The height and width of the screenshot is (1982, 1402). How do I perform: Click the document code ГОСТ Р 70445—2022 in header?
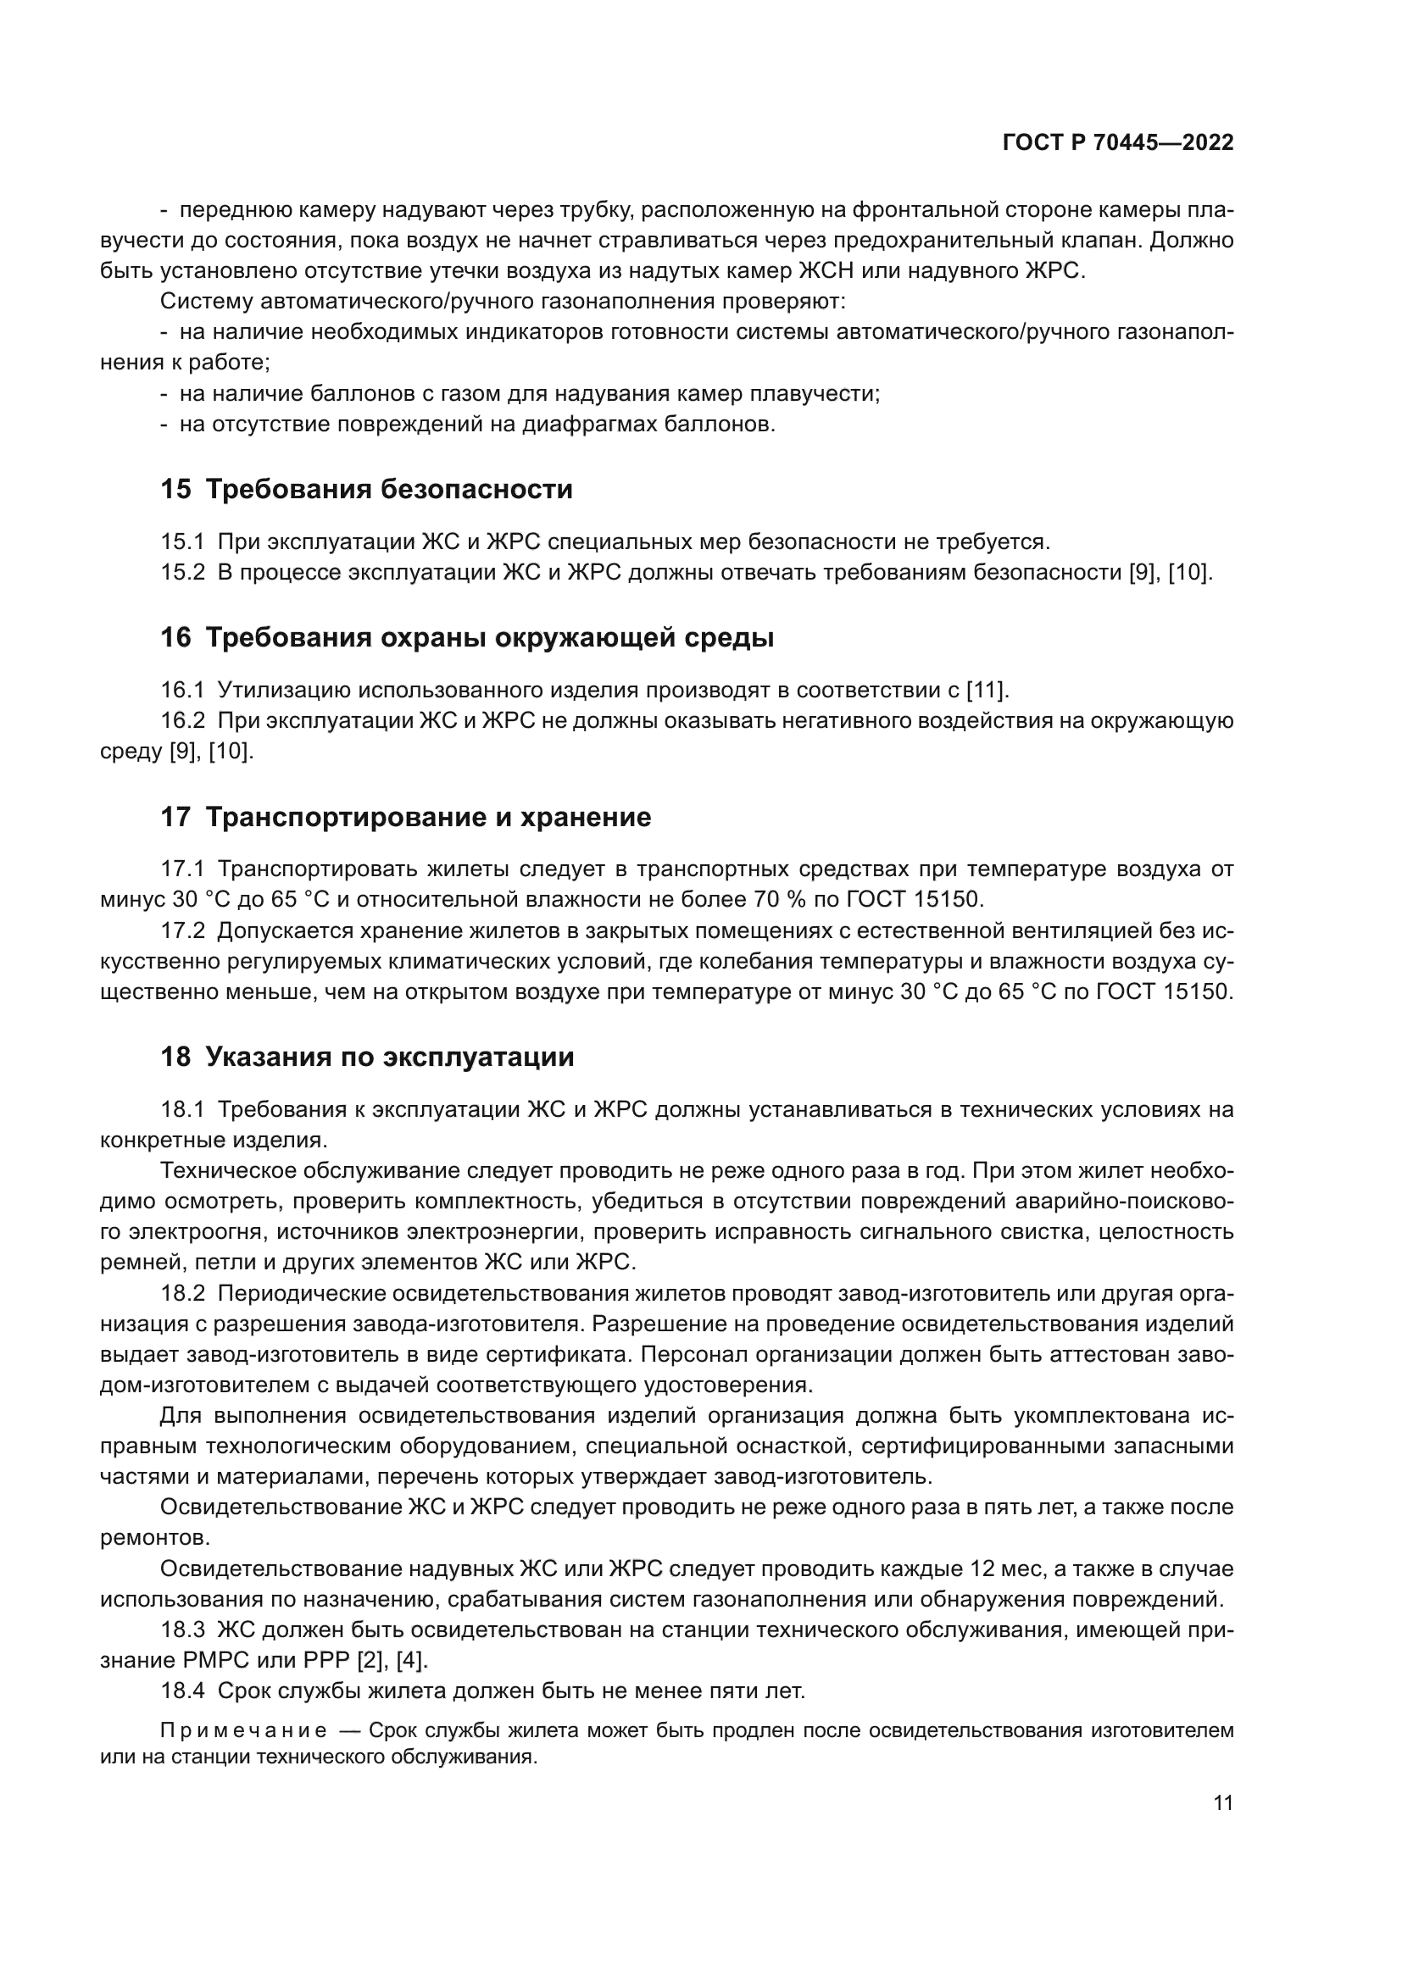tap(1118, 143)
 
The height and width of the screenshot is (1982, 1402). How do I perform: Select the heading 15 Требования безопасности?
tap(366, 490)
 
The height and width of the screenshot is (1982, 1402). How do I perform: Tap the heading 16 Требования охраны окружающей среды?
tap(466, 638)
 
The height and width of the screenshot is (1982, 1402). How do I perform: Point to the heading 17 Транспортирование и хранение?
tap(406, 817)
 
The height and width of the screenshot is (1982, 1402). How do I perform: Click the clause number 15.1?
tap(182, 542)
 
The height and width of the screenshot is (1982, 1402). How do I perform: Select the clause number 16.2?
tap(182, 721)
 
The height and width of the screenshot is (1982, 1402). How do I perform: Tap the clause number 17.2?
tap(182, 930)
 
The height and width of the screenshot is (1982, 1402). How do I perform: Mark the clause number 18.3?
tap(182, 1629)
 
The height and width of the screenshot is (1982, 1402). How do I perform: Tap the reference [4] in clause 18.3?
tap(411, 1660)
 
